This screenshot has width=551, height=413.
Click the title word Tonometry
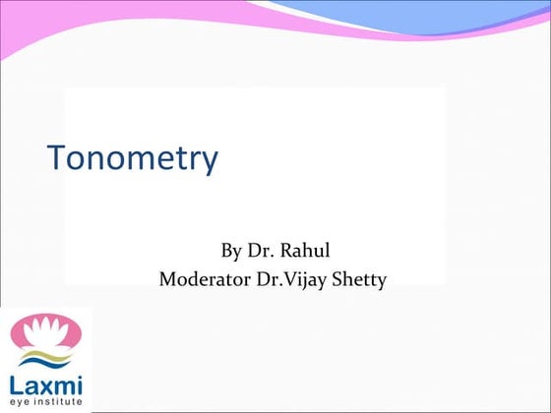[x=133, y=157]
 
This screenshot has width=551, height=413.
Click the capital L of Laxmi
[x=17, y=380]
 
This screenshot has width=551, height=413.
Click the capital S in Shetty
[x=339, y=279]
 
